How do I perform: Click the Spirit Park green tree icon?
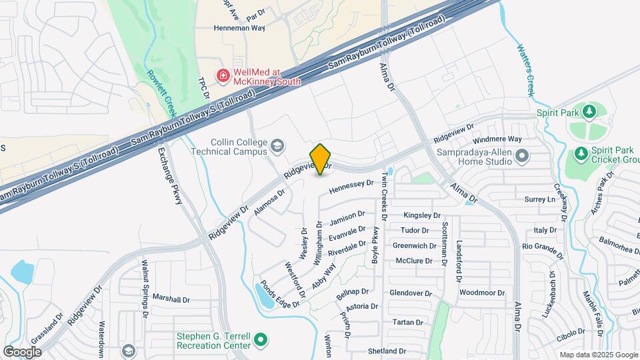pos(589,111)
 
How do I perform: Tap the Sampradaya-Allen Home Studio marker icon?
pos(522,157)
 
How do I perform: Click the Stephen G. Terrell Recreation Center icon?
pos(261,339)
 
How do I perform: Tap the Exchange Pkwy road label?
pos(169,176)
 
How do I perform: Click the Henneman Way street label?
pos(239,29)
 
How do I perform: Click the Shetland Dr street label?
pos(387,351)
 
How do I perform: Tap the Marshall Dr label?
pos(172,297)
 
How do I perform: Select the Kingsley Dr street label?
pos(423,215)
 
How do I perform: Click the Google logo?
pos(23,351)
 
